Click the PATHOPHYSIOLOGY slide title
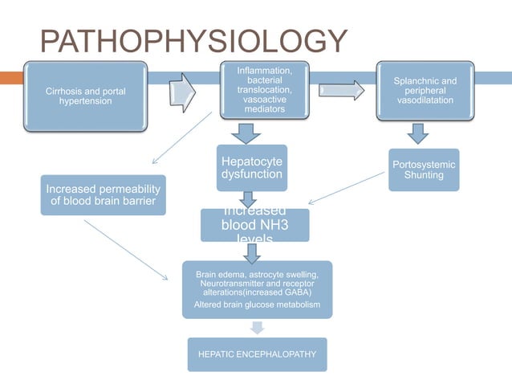pyautogui.click(x=193, y=42)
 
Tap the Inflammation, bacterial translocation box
pyautogui.click(x=264, y=91)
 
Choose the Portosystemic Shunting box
pyautogui.click(x=424, y=170)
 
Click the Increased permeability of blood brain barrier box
pyautogui.click(x=104, y=194)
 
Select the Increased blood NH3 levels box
pyautogui.click(x=254, y=225)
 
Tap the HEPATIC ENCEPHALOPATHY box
pyautogui.click(x=257, y=354)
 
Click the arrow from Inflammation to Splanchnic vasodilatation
pyautogui.click(x=341, y=90)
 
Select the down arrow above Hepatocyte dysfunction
pyautogui.click(x=248, y=131)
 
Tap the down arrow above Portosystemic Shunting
pyautogui.click(x=418, y=133)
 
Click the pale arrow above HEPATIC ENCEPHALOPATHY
pyautogui.click(x=257, y=328)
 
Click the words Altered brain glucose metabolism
pyautogui.click(x=257, y=305)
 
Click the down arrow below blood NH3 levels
pyautogui.click(x=253, y=252)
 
